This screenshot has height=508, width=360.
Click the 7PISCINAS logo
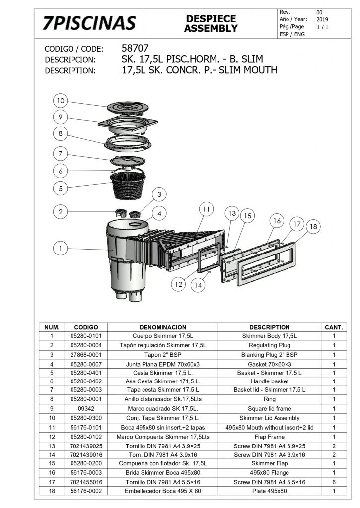point(89,23)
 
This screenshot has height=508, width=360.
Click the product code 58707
point(135,48)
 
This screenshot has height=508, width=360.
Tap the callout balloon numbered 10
point(60,101)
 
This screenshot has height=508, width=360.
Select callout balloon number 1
point(60,249)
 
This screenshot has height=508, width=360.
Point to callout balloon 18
point(313,227)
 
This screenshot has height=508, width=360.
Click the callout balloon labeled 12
point(179,284)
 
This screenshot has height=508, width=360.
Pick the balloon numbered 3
point(159,194)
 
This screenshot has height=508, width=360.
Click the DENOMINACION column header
point(162,327)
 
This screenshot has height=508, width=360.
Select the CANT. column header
point(334,327)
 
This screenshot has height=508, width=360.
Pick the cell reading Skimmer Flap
point(270,463)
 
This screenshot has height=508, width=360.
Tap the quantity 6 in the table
point(334,482)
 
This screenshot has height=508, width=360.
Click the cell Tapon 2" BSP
point(162,355)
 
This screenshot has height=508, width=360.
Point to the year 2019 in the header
point(322,19)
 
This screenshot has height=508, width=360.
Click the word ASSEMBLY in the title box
point(211,28)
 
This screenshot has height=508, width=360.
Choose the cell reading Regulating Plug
point(270,345)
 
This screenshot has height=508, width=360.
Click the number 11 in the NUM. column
point(52,427)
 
